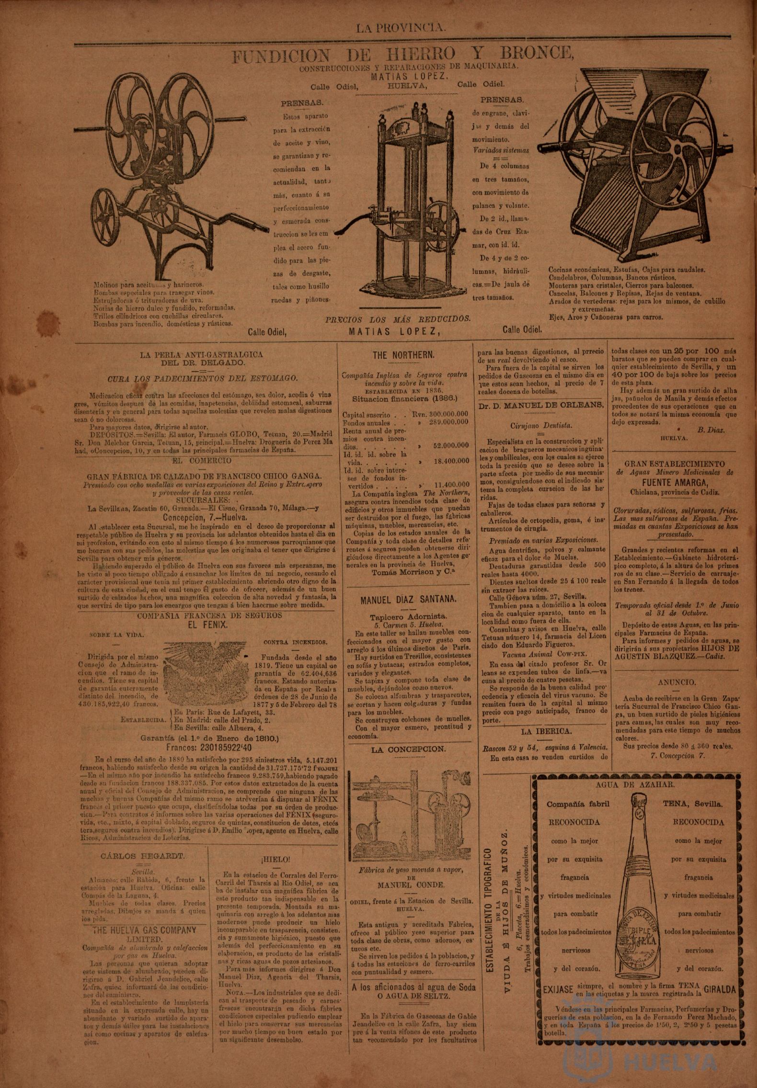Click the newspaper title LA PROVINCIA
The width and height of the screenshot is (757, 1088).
coord(401,28)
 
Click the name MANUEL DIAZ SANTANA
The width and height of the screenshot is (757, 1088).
coord(408,600)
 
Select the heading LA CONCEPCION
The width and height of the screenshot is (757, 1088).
coord(408,749)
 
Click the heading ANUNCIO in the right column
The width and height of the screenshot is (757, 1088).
coord(677,682)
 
